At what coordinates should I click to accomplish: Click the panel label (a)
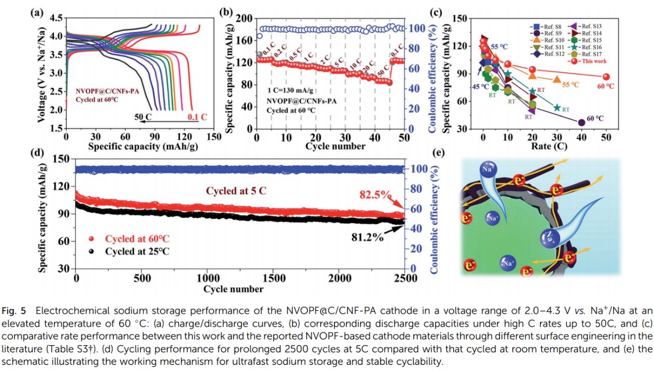coord(37,13)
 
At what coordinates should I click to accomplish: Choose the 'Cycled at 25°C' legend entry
coord(137,252)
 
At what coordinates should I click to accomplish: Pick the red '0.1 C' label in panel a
coord(197,117)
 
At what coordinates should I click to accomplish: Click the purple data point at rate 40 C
coord(581,122)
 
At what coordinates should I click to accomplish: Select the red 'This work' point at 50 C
coord(606,76)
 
